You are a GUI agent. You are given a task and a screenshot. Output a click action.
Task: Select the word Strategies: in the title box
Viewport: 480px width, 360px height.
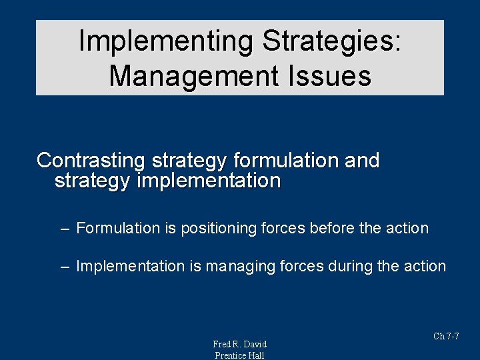[332, 41]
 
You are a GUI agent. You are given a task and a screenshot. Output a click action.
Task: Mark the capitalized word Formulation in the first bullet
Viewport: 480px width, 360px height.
[113, 228]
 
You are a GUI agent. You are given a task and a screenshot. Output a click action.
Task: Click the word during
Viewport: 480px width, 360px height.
[352, 266]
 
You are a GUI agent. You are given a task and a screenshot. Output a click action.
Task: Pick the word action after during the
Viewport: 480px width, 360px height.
[425, 266]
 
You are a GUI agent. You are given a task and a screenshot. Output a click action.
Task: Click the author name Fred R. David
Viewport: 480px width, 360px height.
[239, 344]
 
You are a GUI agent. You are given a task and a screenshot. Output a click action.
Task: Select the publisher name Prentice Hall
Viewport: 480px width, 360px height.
[239, 355]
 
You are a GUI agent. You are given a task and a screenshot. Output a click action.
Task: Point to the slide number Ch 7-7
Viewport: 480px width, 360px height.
[446, 336]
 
